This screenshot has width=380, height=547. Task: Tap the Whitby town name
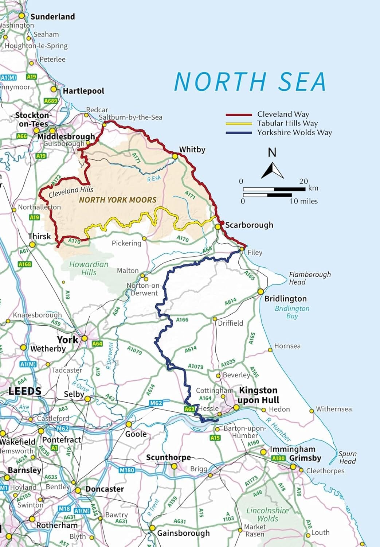[192, 150]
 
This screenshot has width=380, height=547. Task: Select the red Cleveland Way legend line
[239, 115]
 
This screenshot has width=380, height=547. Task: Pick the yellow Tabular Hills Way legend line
[239, 124]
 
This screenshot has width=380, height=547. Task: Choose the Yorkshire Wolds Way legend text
[294, 132]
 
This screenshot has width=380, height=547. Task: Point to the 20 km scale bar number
[303, 181]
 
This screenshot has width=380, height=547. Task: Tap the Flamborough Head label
[310, 278]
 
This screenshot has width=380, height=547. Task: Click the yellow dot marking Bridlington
[260, 292]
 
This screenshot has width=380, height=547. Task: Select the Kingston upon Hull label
[258, 395]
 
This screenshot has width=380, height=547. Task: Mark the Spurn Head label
[347, 457]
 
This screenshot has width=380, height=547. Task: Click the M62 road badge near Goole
[156, 403]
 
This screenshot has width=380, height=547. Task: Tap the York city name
[67, 340]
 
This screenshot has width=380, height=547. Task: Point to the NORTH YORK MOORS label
[118, 200]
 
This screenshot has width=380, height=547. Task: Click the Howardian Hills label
[89, 268]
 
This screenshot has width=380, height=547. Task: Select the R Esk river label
[154, 178]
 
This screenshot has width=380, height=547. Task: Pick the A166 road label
[182, 320]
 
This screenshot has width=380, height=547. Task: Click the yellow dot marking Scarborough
[218, 227]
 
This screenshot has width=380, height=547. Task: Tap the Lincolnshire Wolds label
[267, 514]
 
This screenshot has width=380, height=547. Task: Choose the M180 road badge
[127, 470]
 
